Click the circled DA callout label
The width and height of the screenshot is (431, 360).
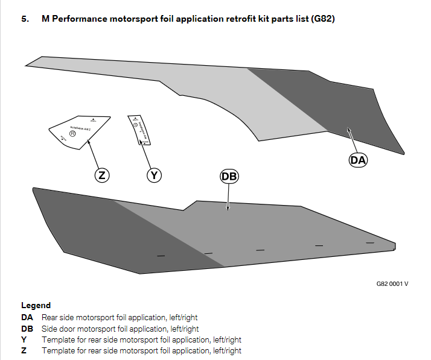[359, 160]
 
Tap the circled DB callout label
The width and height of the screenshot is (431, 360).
[229, 176]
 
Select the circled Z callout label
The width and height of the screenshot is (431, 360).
[102, 175]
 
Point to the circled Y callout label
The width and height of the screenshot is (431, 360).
[155, 175]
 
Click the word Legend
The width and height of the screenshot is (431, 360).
[36, 306]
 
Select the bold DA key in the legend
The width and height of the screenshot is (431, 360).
[27, 317]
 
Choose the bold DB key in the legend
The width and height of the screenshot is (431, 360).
[27, 329]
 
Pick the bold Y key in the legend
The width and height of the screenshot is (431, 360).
[24, 339]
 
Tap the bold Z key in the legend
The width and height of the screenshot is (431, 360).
[24, 350]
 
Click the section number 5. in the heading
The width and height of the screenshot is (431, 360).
[25, 19]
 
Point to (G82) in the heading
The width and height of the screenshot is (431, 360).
[323, 19]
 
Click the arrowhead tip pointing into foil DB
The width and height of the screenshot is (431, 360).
[228, 209]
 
